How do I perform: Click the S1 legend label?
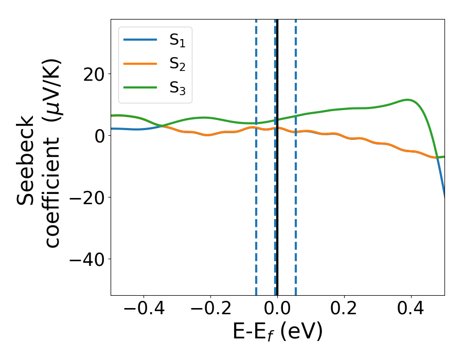click(177, 41)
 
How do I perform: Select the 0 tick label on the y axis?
click(99, 136)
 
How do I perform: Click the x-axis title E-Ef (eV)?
click(277, 332)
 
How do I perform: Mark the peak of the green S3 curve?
click(407, 100)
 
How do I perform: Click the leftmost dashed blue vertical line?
click(256, 206)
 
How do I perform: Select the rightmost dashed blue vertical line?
click(296, 206)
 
